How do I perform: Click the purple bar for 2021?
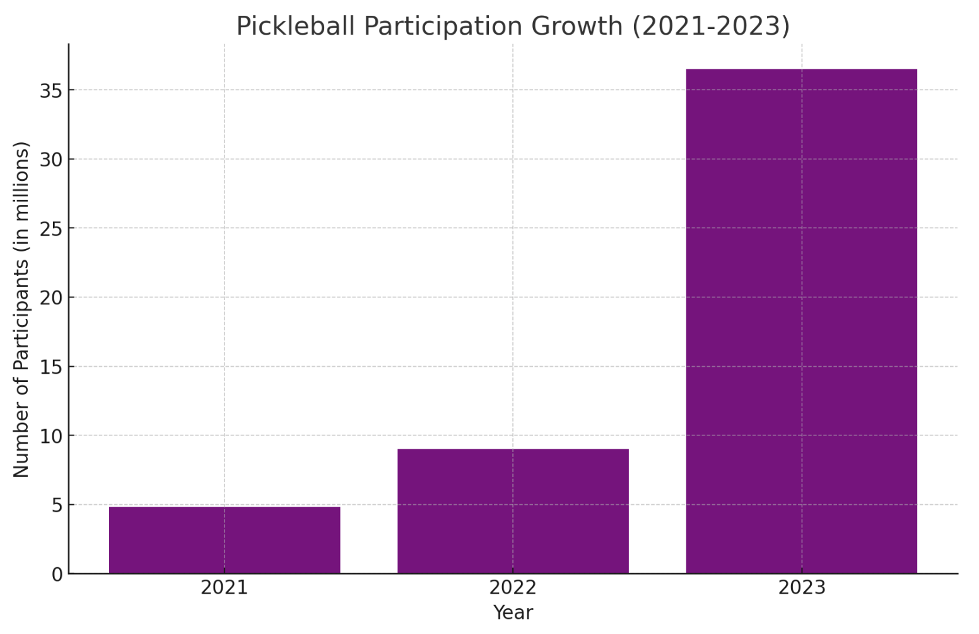225,540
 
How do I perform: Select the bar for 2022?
513,511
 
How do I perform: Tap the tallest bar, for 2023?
801,321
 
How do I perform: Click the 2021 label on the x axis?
225,588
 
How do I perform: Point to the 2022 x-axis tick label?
513,588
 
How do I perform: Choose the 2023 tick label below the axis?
801,588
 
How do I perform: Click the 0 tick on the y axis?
57,574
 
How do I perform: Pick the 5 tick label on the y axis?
57,505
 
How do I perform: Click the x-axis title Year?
513,613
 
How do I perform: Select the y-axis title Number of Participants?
21,309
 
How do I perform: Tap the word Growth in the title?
577,26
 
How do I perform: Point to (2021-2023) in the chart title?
711,26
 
